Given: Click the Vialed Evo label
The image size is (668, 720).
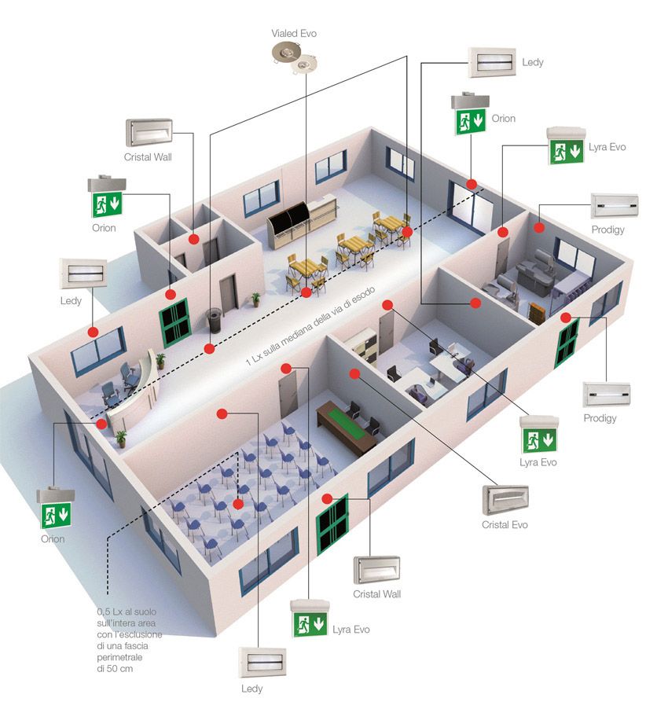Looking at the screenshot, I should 294,34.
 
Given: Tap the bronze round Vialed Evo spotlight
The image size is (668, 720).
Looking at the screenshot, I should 284,53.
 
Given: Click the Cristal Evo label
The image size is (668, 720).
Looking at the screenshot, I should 505,524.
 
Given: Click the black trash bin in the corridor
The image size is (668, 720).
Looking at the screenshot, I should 214,319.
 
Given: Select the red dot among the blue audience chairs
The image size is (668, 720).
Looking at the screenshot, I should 238,502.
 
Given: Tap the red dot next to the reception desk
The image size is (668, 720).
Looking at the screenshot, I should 102,423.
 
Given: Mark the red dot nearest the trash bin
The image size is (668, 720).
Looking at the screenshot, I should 208,348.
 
